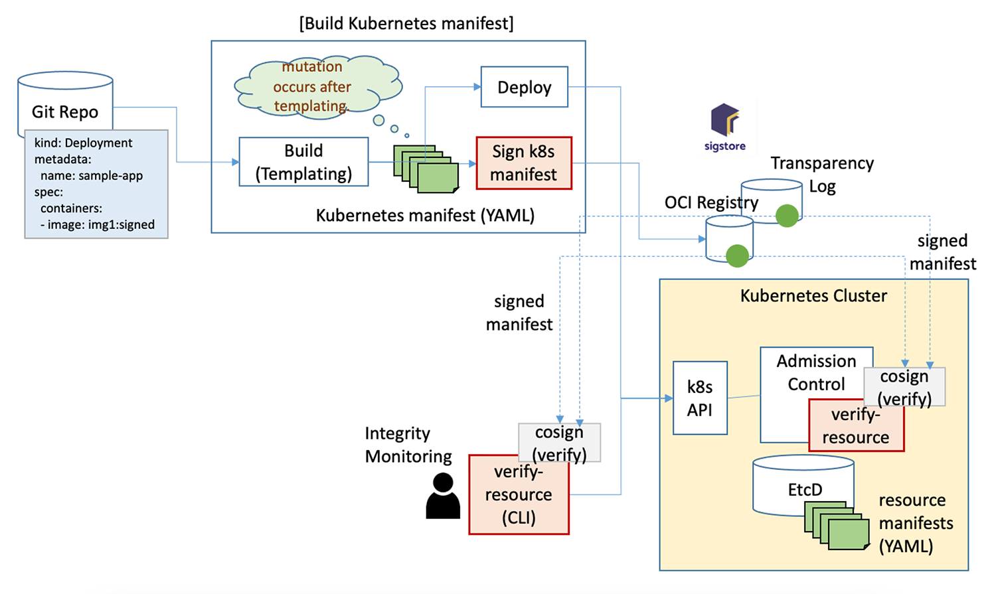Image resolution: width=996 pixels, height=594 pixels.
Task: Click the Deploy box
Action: [x=524, y=87]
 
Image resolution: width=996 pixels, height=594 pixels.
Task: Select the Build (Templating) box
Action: [x=303, y=162]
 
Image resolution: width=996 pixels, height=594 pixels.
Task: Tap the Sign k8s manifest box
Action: [x=524, y=163]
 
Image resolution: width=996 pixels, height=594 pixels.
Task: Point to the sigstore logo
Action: [x=724, y=126]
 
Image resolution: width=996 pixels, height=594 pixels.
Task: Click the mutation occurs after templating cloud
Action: [x=315, y=87]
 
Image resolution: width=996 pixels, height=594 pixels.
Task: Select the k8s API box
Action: [x=700, y=398]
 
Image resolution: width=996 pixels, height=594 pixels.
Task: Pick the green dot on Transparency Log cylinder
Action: [x=787, y=216]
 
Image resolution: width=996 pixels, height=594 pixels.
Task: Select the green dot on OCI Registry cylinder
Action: [x=737, y=256]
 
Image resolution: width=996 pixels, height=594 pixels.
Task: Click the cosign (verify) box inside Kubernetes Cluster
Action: [x=904, y=387]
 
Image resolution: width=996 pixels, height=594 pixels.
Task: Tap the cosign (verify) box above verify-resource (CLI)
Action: [x=559, y=443]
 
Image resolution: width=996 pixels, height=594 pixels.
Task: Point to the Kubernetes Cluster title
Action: [x=813, y=296]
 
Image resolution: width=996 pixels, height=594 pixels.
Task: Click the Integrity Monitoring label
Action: [x=407, y=445]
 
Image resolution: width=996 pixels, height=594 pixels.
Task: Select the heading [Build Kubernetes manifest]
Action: [x=406, y=23]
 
